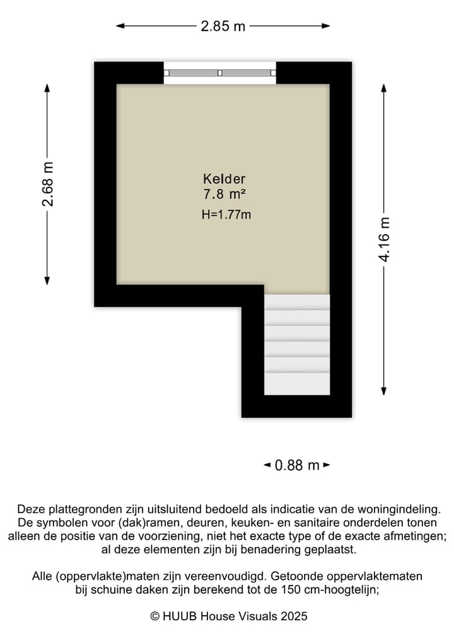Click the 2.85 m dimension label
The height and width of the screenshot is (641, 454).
(x=223, y=26)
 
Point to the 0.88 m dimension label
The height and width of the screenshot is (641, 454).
(x=297, y=465)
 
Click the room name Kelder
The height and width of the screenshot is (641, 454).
(x=224, y=178)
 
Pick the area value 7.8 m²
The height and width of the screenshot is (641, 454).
(x=224, y=194)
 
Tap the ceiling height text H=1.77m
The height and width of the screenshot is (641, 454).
(x=226, y=214)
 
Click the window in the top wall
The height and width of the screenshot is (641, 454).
(x=220, y=73)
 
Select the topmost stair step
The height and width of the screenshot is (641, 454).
(x=297, y=302)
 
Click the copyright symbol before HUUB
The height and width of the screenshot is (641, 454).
(x=154, y=616)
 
